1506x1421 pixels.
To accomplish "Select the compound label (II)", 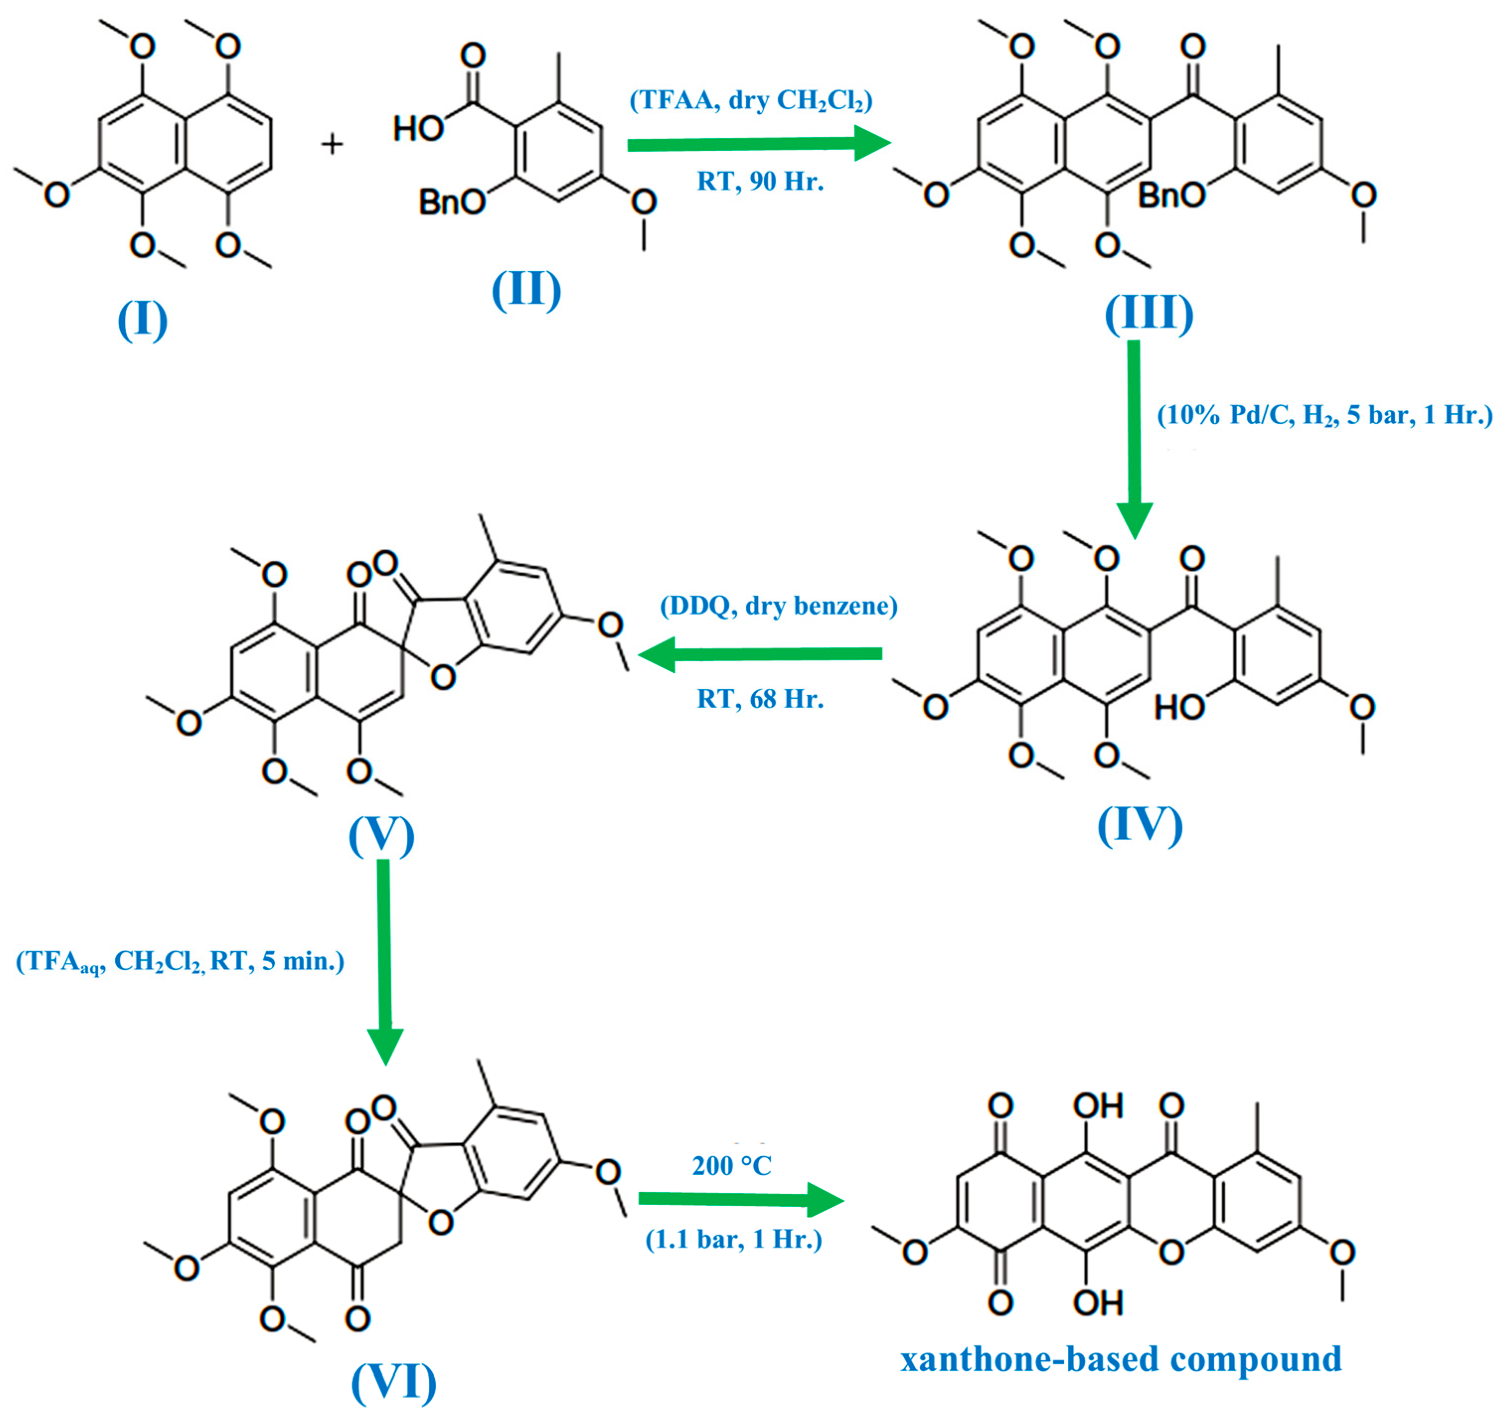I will [x=527, y=289].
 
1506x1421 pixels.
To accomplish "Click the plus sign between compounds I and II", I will [x=332, y=144].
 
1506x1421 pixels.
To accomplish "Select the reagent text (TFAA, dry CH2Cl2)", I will [x=751, y=101].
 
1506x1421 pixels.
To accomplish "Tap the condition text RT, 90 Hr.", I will [x=760, y=182].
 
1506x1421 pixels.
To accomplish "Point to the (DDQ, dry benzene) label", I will [x=779, y=606].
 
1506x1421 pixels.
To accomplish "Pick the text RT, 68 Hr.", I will [x=760, y=699].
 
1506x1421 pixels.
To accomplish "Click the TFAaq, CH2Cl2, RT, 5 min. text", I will [x=180, y=962].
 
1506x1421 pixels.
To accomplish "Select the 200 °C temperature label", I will [x=732, y=1166].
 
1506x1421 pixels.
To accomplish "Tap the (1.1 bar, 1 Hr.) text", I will [x=733, y=1239].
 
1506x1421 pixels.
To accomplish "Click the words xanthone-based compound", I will [x=1120, y=1359].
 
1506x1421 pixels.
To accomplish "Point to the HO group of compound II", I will [x=417, y=129].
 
